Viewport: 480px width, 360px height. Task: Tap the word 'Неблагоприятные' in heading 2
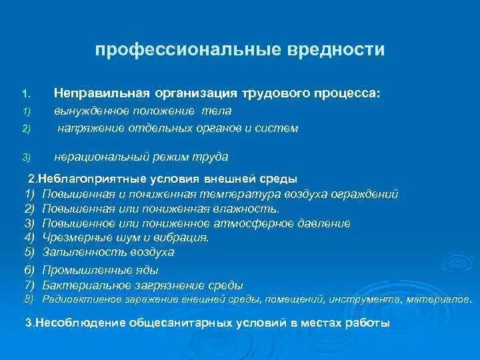tap(88, 179)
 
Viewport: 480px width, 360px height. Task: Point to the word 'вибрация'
tap(185, 237)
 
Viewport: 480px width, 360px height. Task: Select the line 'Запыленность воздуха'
tap(107, 252)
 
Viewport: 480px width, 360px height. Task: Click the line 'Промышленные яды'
tap(99, 270)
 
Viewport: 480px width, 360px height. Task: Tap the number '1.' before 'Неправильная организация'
tap(25, 95)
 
